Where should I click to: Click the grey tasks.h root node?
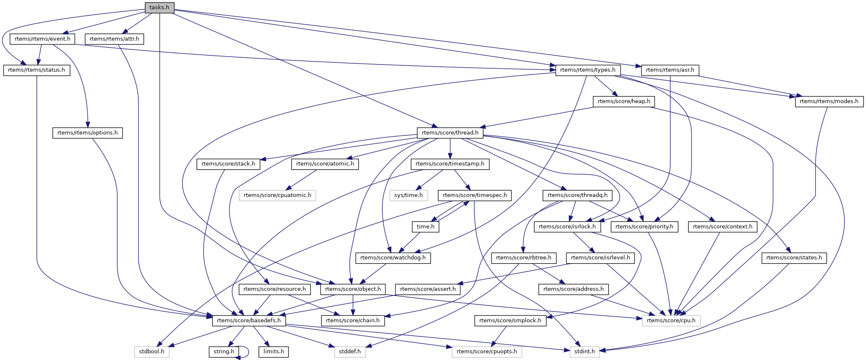[x=159, y=8]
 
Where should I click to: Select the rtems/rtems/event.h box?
[x=42, y=39]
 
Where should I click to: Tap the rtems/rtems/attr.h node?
[x=114, y=39]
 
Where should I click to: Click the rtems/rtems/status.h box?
[x=36, y=70]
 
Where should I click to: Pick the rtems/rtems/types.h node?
[x=587, y=70]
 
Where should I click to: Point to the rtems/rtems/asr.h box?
[x=670, y=70]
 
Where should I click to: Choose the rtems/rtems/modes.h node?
[x=829, y=101]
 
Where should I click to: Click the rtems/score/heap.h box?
[x=624, y=101]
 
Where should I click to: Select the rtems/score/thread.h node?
[x=450, y=132]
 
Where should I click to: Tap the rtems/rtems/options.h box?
[x=88, y=132]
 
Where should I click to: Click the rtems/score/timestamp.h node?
[x=450, y=164]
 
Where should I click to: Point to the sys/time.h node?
[x=408, y=195]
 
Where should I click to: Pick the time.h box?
[x=426, y=226]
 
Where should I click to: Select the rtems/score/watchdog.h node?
[x=393, y=258]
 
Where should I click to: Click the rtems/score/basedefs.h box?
[x=249, y=321]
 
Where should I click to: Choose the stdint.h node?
[x=584, y=352]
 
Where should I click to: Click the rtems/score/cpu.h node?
[x=671, y=321]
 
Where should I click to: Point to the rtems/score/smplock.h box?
[x=510, y=321]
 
